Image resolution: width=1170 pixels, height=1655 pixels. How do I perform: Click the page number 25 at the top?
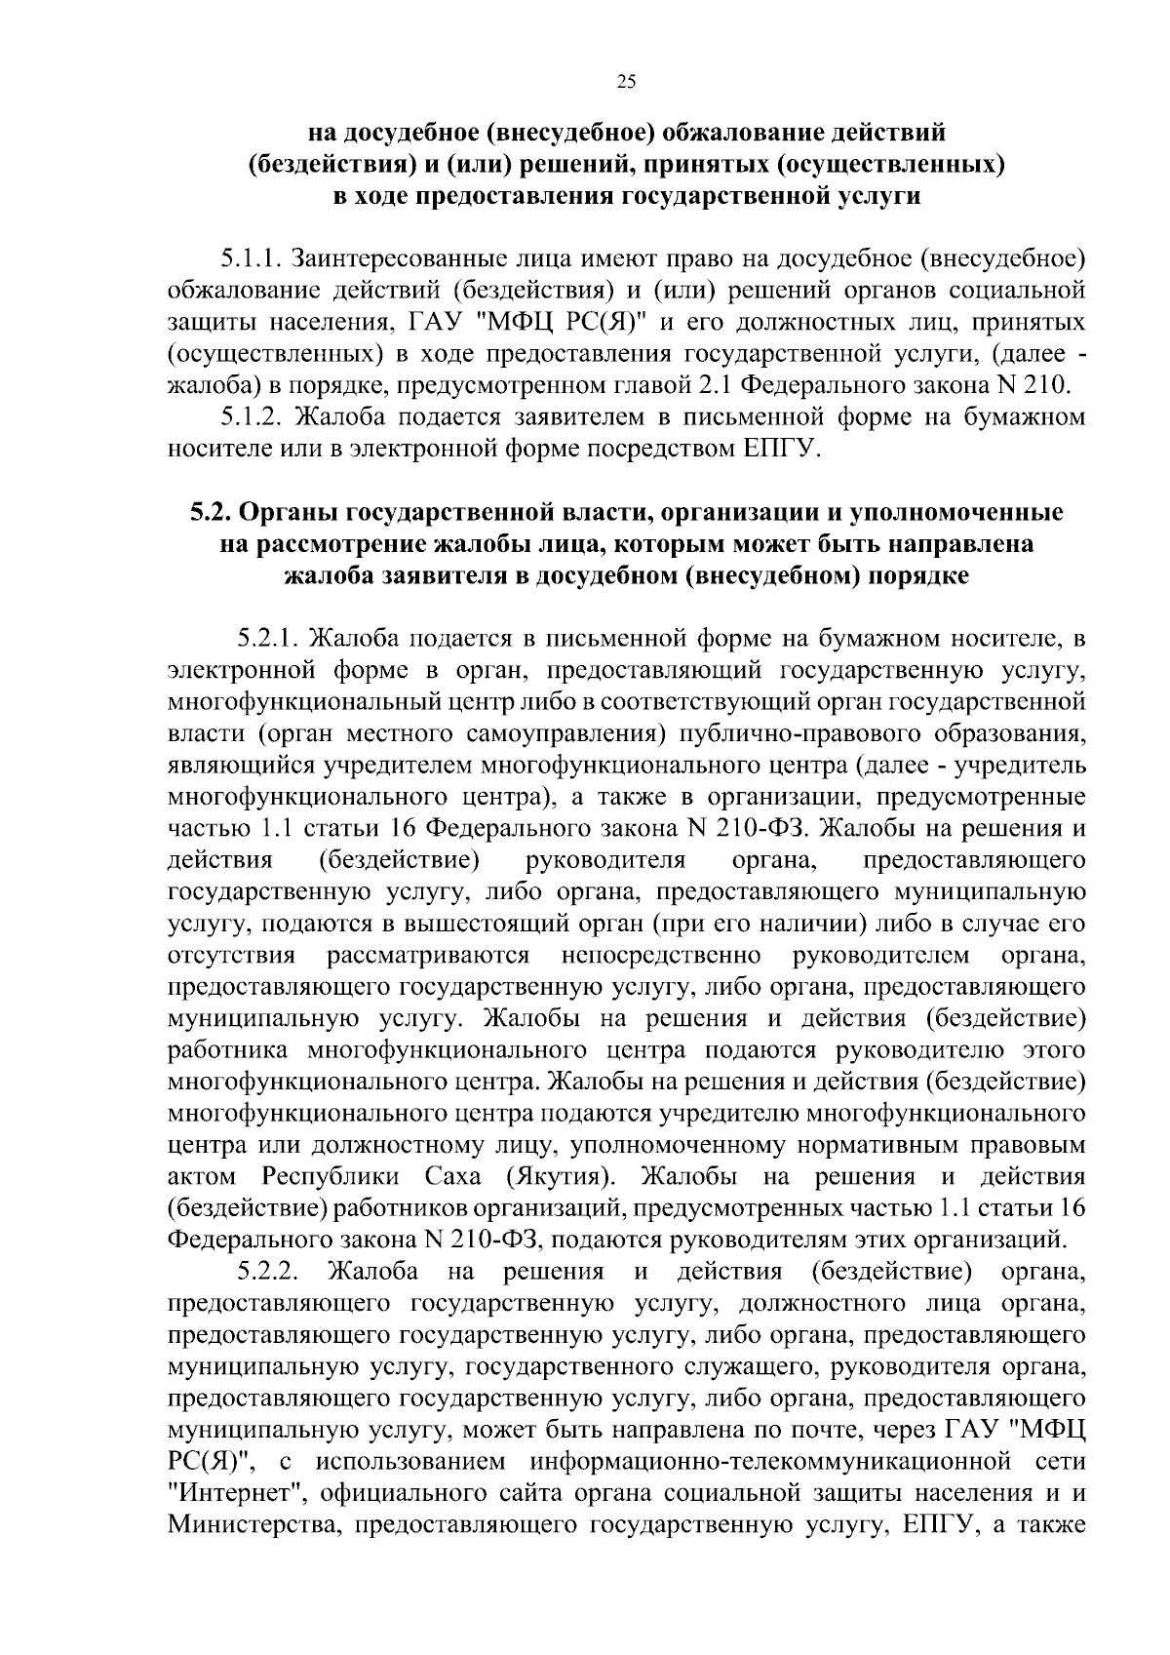tap(626, 83)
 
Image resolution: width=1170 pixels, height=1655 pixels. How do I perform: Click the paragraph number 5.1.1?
tap(250, 258)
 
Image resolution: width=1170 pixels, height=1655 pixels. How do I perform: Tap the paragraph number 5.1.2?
tap(250, 417)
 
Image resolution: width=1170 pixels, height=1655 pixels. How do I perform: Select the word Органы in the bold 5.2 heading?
tap(288, 513)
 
